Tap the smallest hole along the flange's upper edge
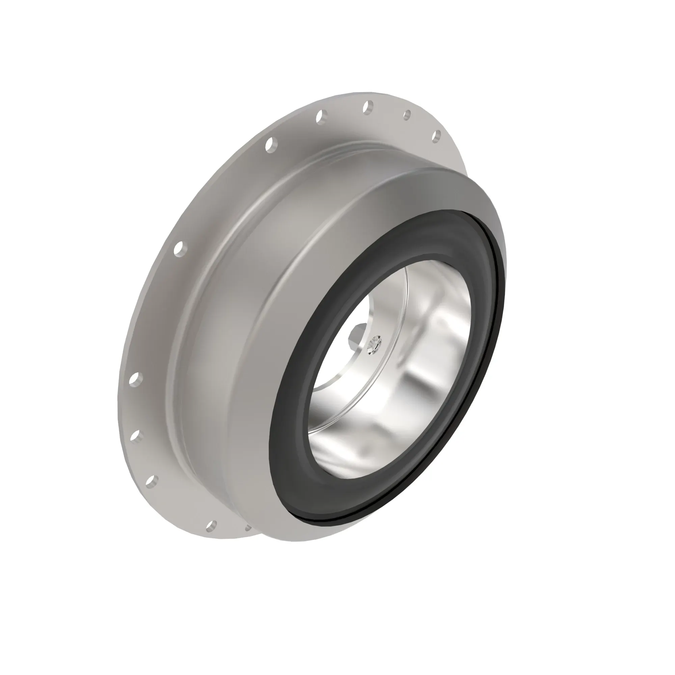(407, 115)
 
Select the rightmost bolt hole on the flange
(436, 137)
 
